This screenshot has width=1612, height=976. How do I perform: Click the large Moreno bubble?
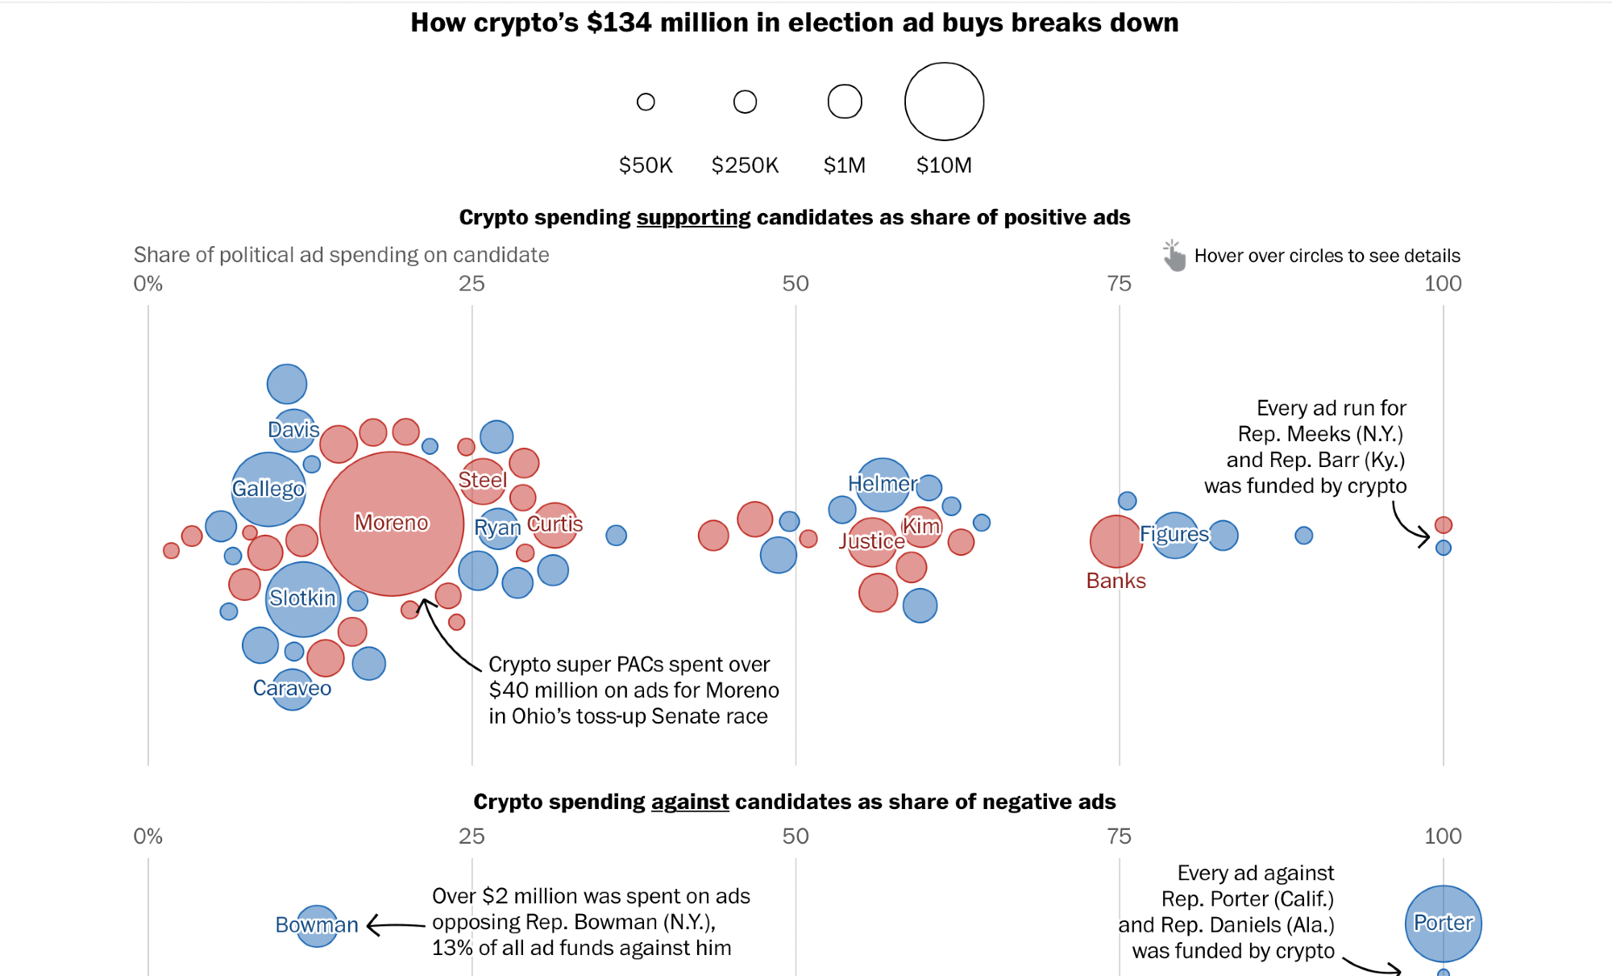pos(392,523)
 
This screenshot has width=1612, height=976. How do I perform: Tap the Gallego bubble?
pos(268,489)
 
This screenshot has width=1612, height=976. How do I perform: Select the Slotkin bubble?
pos(303,599)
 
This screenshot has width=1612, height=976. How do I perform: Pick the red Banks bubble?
pos(1116,541)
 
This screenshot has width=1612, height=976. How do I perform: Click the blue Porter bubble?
pos(1443,924)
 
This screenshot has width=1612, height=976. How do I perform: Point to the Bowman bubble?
pos(318,925)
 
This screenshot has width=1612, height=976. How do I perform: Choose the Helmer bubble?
pos(883,484)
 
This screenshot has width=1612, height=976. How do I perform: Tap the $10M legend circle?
pos(944,102)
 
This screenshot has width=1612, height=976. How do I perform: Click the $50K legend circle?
pos(646,102)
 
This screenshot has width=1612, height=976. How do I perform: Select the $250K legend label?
pos(745,165)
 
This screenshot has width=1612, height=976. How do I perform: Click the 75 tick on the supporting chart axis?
pos(1119,284)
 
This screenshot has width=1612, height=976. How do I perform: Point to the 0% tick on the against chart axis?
pos(148,836)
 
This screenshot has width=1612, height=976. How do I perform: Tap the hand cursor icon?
pos(1174,256)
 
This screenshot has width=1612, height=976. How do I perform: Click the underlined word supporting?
pos(693,218)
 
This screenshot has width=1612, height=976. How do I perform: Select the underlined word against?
pos(689,802)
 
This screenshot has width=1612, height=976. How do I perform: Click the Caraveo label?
pos(292,688)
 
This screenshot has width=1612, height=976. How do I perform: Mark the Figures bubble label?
pos(1174,534)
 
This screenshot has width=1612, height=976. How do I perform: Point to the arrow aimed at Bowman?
pos(395,925)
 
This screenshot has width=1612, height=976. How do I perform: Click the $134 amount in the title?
pos(619,23)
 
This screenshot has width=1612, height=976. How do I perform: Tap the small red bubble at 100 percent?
pos(1443,525)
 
